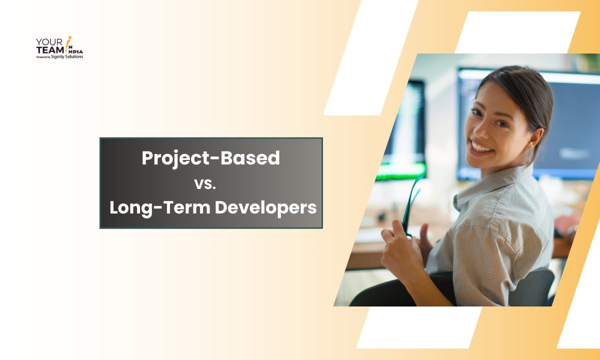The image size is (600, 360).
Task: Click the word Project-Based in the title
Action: (x=211, y=158)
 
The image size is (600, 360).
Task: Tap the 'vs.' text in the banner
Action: (x=205, y=184)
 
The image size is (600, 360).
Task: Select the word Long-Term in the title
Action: (x=160, y=208)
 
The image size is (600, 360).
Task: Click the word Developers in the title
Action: (x=265, y=208)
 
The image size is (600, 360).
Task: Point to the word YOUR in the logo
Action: (x=49, y=42)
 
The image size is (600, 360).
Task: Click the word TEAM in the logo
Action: (x=50, y=50)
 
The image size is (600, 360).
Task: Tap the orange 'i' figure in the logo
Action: (x=68, y=44)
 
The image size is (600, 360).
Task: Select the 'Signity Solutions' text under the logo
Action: (x=67, y=56)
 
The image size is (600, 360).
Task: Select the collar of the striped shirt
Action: (x=493, y=183)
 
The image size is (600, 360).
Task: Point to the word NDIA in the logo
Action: (x=76, y=51)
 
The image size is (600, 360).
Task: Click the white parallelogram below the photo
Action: (x=419, y=327)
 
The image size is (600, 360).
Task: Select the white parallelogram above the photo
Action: (x=518, y=32)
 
